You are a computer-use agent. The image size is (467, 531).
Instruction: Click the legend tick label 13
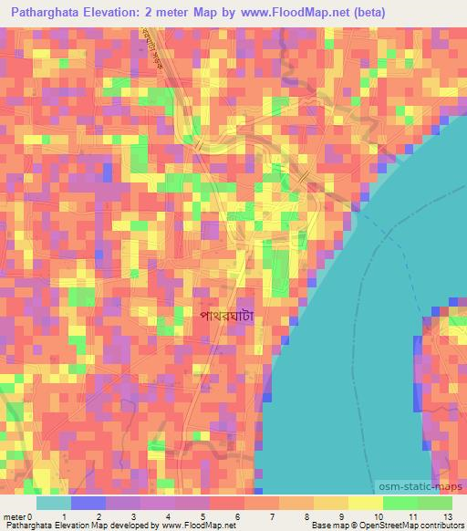(x=446, y=516)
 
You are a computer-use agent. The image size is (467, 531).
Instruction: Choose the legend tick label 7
(x=272, y=516)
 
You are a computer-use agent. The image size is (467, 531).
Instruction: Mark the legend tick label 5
(x=202, y=516)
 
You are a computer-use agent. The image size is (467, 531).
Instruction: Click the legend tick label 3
(x=133, y=516)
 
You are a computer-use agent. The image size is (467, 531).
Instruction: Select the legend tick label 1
(x=63, y=516)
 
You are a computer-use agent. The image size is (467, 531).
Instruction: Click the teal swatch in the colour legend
(x=54, y=503)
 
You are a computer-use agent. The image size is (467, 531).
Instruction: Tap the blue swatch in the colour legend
(x=88, y=503)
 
